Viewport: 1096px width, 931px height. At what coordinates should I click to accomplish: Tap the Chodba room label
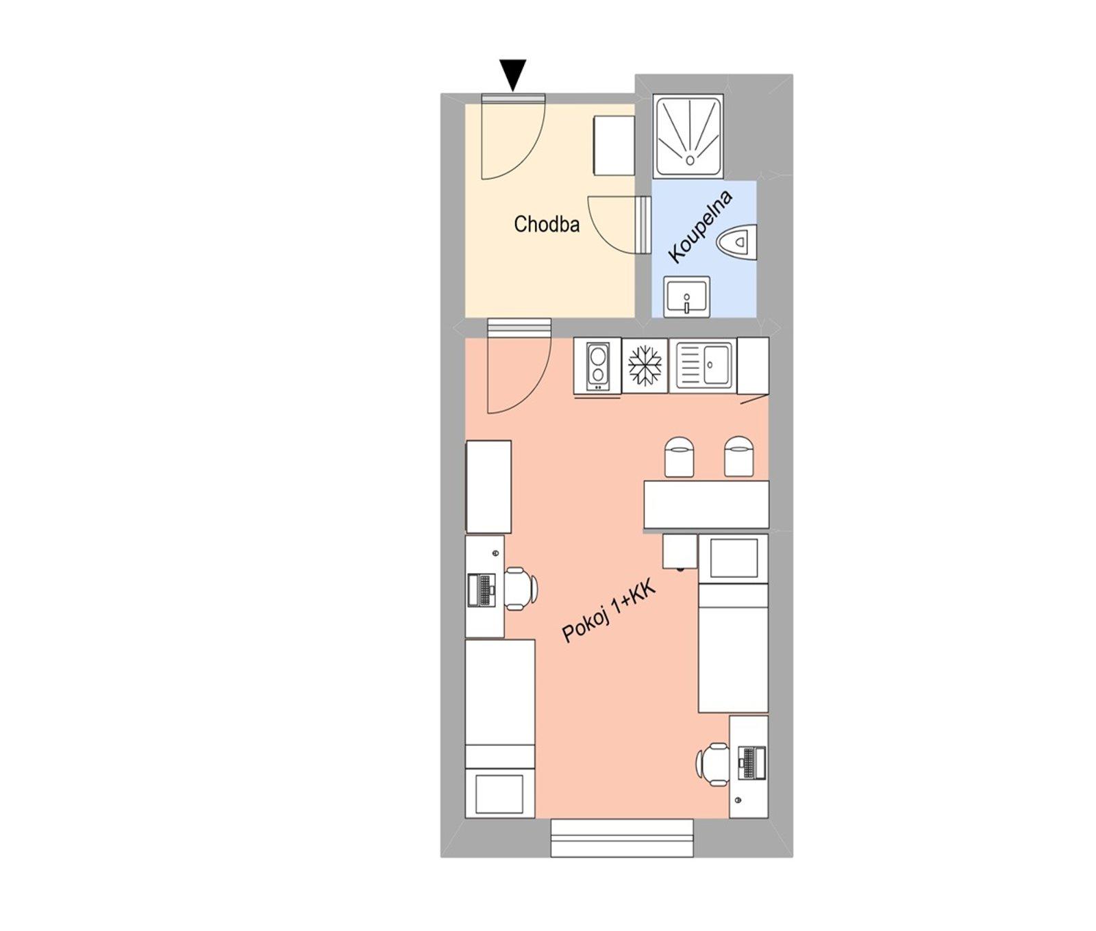547,224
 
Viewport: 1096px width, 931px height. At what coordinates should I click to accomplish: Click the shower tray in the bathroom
689,136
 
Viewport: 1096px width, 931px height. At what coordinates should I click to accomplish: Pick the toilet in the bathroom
737,242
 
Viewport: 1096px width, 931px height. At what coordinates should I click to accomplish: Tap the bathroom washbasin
687,296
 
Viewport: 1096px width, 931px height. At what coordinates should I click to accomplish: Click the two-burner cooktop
597,366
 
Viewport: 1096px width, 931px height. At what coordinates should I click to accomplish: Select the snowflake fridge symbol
645,365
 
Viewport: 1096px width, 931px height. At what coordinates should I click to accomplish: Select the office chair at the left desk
521,587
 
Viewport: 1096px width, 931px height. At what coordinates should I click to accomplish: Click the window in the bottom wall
622,838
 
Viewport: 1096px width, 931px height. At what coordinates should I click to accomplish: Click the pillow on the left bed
499,793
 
